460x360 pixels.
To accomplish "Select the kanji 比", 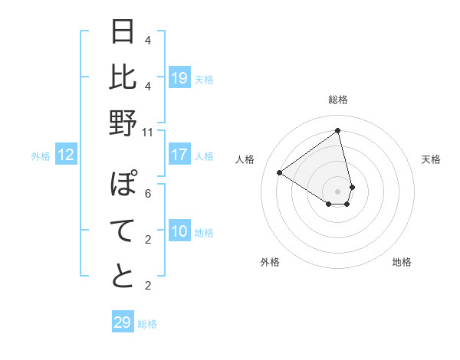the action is [123, 78].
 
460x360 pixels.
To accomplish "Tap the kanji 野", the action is [123, 123].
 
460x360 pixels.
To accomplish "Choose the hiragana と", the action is [123, 277].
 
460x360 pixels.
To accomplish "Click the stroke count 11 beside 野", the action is [149, 132].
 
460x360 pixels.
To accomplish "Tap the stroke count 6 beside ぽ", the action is [148, 194].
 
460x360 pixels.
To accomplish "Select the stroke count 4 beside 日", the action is [148, 40].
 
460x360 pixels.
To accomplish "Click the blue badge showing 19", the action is [179, 77].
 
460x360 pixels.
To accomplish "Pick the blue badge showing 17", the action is [179, 155].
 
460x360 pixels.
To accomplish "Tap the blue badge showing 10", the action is [179, 231].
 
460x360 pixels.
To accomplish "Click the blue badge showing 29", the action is [123, 322].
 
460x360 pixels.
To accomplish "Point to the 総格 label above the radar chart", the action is [338, 100].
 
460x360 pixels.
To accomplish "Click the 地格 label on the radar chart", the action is [402, 262].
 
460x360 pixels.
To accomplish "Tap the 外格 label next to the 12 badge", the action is [41, 156].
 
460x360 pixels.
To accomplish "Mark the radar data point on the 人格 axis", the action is [280, 172].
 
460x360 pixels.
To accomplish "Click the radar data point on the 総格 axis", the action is [338, 130].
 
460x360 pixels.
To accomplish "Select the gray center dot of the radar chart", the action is [338, 191].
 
